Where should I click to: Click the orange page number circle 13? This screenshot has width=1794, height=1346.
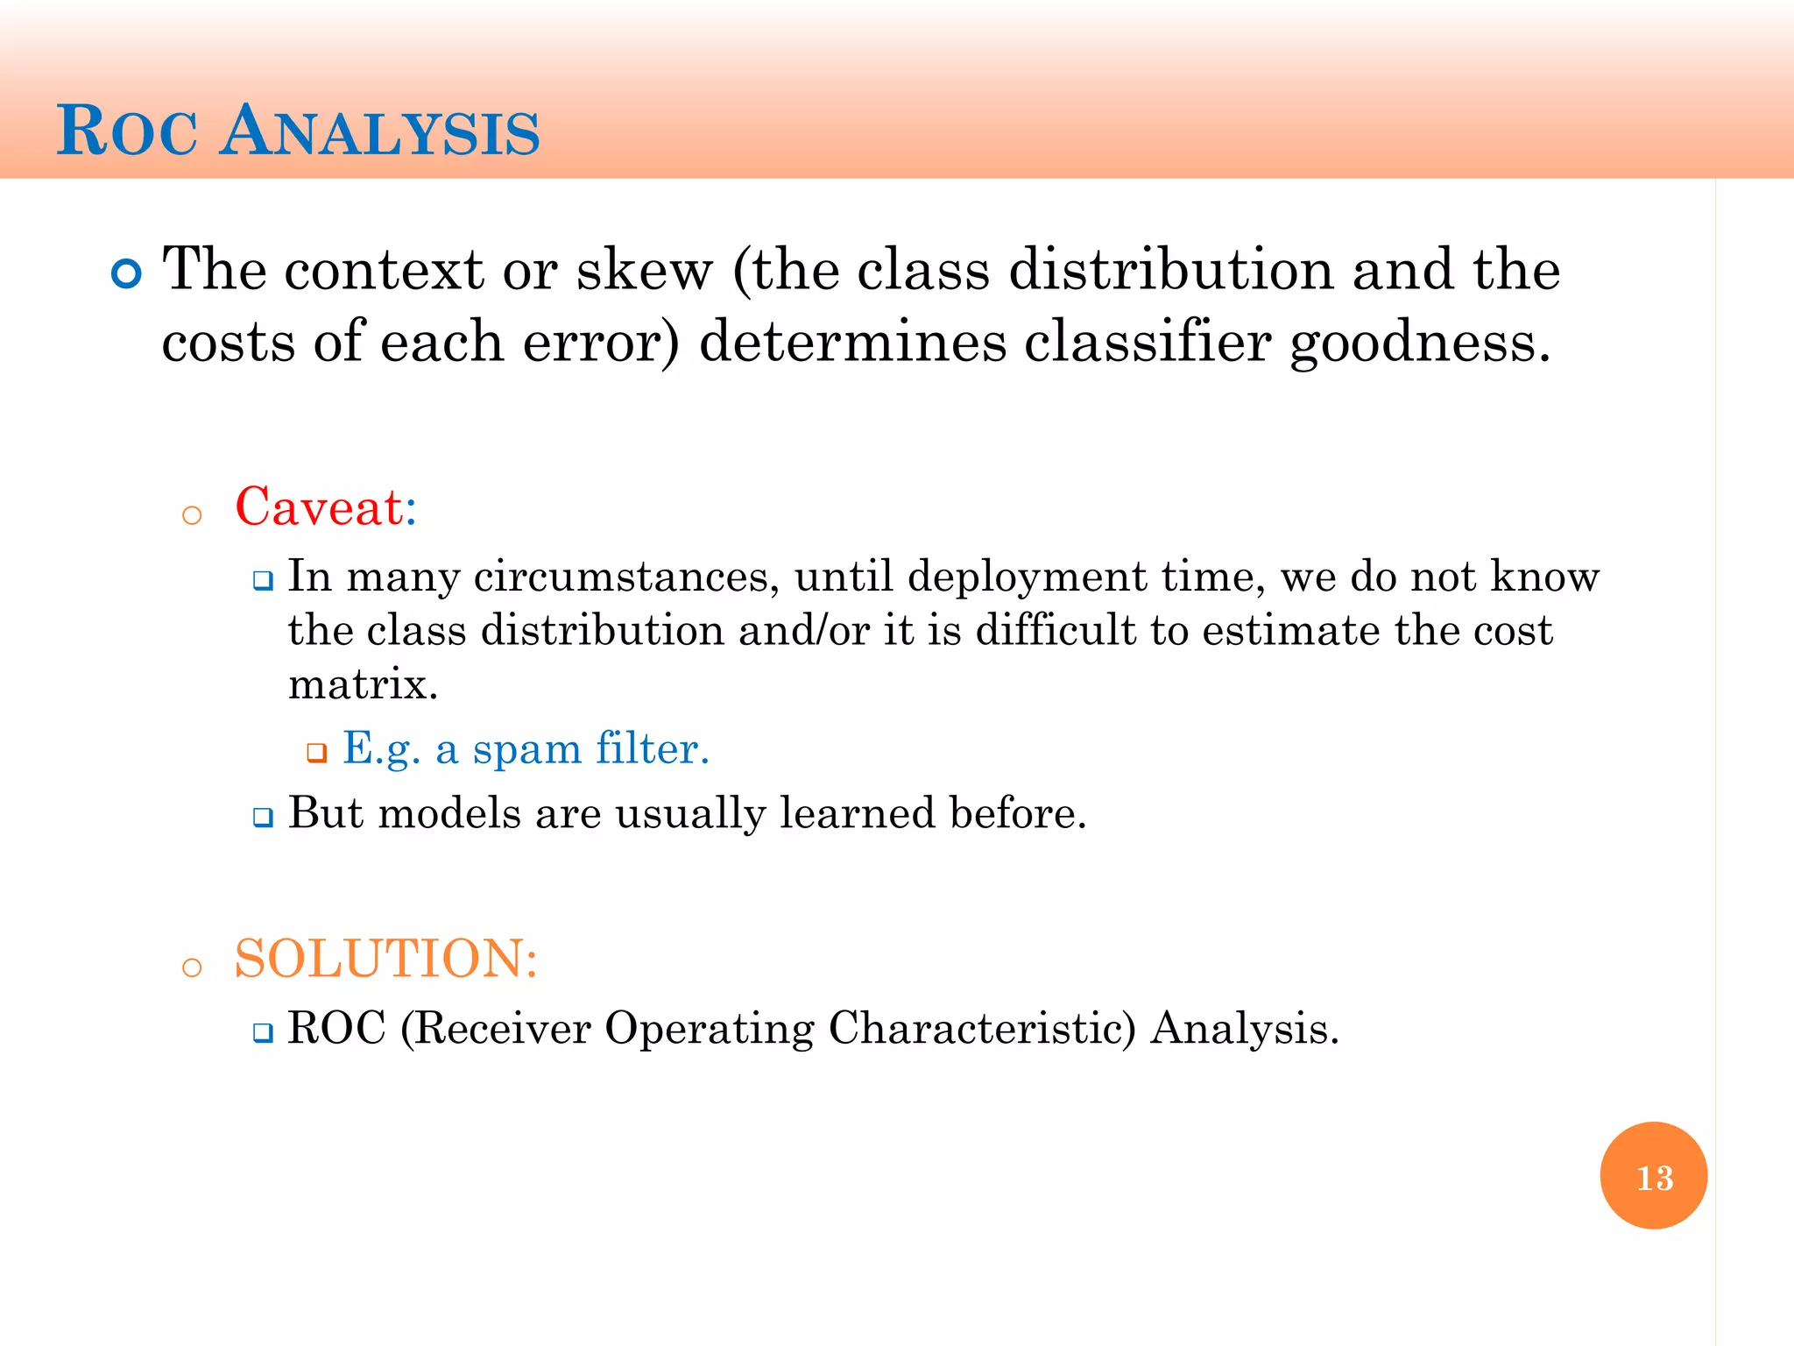pos(1653,1175)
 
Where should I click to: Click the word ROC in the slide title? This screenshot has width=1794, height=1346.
pos(127,131)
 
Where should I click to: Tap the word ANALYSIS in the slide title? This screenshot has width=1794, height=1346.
pos(379,131)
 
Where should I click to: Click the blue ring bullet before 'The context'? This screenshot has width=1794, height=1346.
pos(127,274)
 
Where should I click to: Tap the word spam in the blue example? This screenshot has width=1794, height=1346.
pos(526,750)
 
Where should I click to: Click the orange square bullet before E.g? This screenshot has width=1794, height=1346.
pos(316,753)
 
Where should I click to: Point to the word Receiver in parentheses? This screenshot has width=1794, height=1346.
pos(503,1028)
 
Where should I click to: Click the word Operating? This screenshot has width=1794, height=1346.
pos(709,1030)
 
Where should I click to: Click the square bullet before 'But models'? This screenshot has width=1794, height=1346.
pos(263,818)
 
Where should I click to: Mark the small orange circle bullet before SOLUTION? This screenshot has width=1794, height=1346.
pos(192,967)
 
